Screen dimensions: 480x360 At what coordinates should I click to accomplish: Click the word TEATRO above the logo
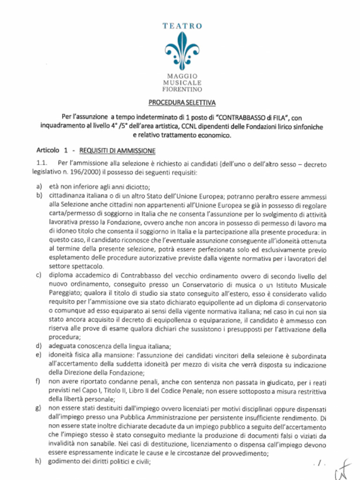tap(182, 27)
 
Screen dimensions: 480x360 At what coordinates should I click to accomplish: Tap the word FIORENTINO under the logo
tap(182, 89)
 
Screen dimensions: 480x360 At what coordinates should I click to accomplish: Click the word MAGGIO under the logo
tap(182, 75)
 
